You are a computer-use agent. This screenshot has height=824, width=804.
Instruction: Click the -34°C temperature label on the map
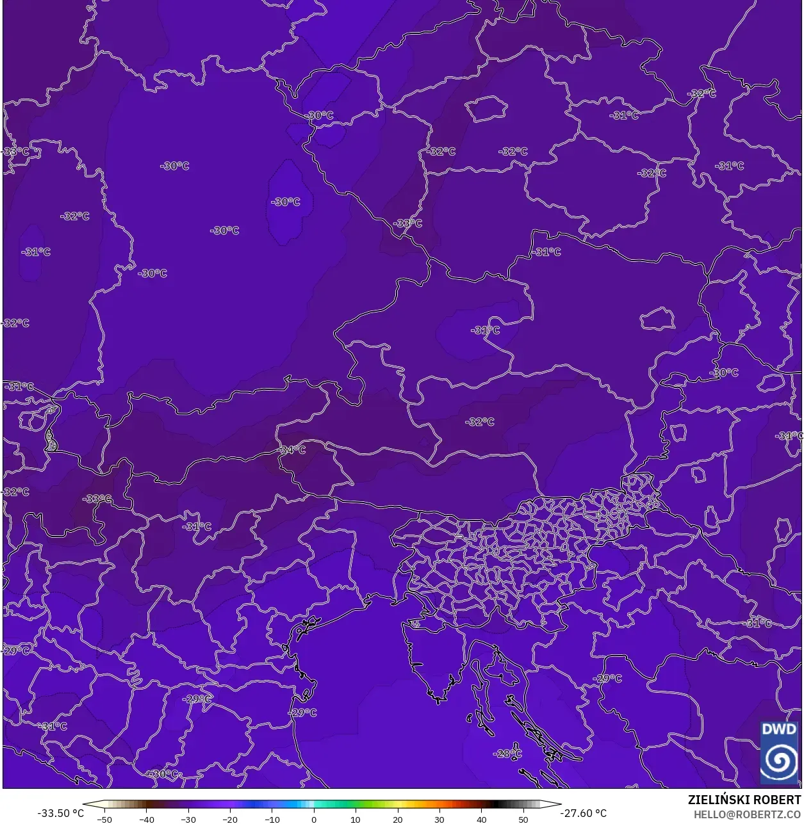[292, 450]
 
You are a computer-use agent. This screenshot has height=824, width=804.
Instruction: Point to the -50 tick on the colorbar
[104, 819]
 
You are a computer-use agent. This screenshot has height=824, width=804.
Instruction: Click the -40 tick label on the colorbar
[146, 819]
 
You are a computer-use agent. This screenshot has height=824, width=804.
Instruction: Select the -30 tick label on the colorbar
[188, 819]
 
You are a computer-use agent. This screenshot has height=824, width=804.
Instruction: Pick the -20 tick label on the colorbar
[230, 819]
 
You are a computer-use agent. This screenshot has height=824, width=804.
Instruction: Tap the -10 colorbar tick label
[272, 819]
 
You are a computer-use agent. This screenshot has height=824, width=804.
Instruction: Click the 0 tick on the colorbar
[314, 819]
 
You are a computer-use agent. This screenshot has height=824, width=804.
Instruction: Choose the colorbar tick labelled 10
[356, 819]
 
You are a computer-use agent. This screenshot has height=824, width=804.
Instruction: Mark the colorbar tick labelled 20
[398, 819]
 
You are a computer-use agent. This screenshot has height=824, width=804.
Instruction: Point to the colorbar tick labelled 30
[439, 819]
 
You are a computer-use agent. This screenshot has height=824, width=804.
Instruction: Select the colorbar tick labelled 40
[482, 819]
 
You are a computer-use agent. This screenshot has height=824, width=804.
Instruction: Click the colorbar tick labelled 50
[523, 819]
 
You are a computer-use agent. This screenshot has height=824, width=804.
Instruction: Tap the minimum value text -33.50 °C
[60, 813]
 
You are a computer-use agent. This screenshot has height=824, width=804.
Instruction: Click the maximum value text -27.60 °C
[584, 813]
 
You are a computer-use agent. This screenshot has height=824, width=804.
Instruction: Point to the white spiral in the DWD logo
[779, 761]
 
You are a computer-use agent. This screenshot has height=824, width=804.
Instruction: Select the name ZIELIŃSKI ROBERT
[744, 800]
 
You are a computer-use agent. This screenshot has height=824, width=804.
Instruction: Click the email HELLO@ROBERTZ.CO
[748, 814]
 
